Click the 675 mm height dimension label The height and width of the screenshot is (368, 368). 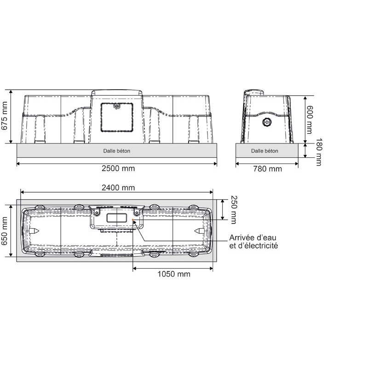5,116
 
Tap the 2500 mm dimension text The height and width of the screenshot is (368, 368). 118,168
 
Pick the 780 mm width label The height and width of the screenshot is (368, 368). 267,169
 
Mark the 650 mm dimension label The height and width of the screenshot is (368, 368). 5,230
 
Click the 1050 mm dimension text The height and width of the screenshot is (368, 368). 173,274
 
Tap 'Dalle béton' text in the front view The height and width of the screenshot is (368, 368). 117,150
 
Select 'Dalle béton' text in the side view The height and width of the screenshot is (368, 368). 264,150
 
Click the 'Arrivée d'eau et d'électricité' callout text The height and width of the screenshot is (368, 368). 253,241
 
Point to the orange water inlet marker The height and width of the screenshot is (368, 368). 132,220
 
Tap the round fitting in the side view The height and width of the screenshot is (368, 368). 267,122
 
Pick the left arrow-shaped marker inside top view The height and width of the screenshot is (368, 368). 35,230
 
